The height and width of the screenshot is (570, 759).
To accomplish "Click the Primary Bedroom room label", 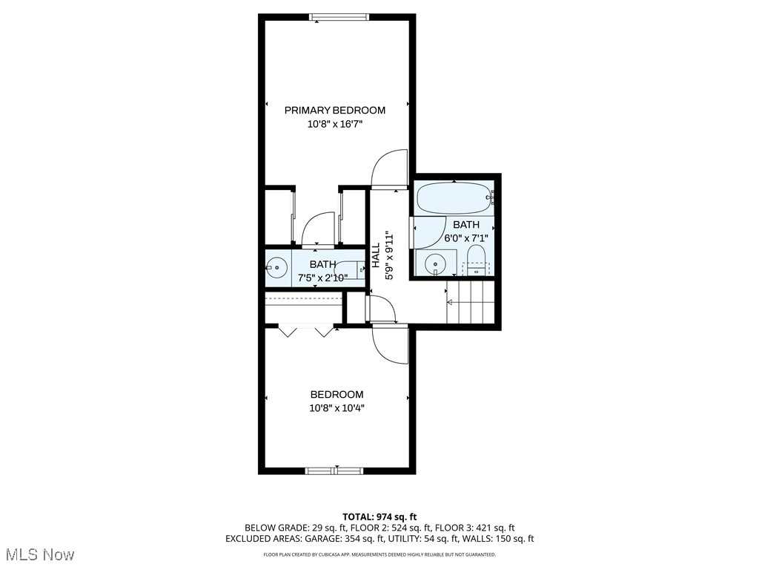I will point(335,111).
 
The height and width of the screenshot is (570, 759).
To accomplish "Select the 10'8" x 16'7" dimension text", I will point(335,125).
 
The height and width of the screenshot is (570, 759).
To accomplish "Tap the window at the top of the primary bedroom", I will point(339,17).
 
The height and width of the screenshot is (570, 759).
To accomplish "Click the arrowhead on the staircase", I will point(449,302).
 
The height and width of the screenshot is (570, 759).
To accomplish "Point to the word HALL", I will point(376,255).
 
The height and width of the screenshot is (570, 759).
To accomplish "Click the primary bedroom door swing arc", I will point(389,168).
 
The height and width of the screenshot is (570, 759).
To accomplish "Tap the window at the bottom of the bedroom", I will point(334,470).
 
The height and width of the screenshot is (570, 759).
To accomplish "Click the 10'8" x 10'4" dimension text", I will point(337,407).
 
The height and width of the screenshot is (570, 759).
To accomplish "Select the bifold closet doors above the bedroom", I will point(303,330).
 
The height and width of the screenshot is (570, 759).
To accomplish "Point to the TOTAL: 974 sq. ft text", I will point(379,517).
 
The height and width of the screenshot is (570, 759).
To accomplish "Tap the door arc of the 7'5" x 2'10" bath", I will point(317,228).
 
